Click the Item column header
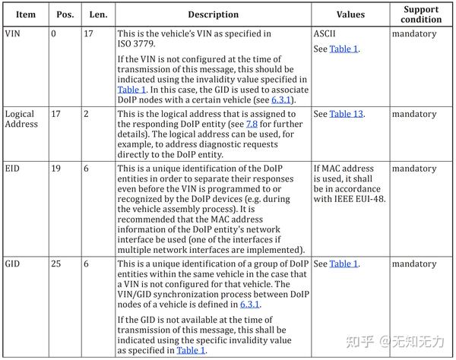pos(26,14)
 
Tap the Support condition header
pos(422,14)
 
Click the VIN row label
pos(13,33)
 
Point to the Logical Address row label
pos(21,120)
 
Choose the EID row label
pos(13,169)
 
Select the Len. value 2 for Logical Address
pos(86,114)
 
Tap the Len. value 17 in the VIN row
pos(88,33)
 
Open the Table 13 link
pos(347,114)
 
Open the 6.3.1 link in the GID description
pos(249,304)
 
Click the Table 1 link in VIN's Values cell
pos(344,49)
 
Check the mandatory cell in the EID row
pos(415,169)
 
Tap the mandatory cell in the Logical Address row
pos(415,114)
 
